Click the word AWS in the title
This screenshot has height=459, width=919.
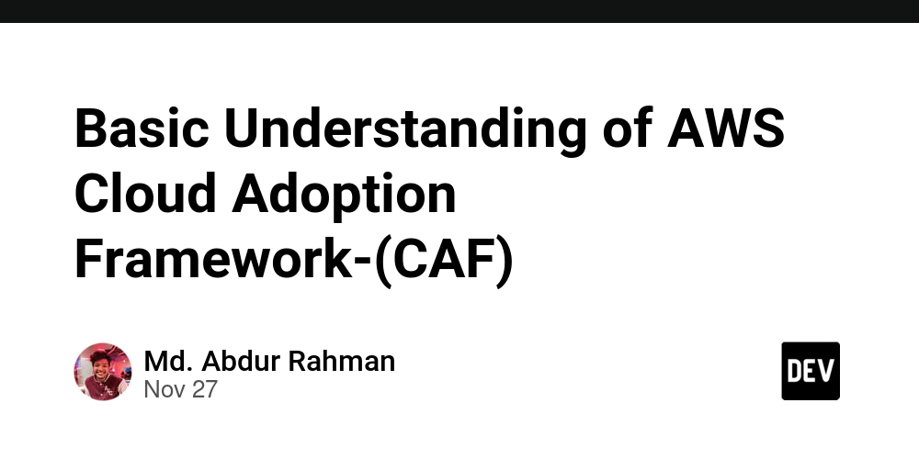(x=725, y=129)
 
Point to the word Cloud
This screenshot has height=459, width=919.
(x=144, y=194)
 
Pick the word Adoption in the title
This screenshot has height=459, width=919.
(x=345, y=194)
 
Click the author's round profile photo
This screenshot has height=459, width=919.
(x=102, y=372)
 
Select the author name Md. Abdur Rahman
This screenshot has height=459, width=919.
(x=269, y=361)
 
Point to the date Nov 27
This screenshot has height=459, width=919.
(x=181, y=389)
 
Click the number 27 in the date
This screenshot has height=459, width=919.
(x=205, y=389)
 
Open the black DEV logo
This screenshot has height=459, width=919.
(x=811, y=371)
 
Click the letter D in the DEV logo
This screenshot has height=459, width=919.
(x=795, y=371)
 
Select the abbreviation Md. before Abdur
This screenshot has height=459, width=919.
(x=165, y=361)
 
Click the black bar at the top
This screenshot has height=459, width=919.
(x=459, y=11)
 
